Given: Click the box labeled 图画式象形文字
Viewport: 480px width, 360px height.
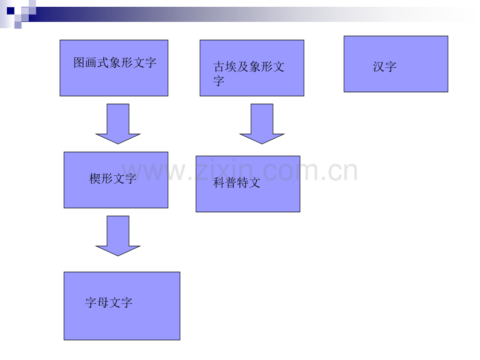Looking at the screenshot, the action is pos(114,68).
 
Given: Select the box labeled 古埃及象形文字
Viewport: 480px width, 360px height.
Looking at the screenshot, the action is pos(252,68).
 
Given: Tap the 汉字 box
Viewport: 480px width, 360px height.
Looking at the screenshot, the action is pos(396,64).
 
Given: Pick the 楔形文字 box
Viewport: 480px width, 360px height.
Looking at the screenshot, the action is pos(116,180).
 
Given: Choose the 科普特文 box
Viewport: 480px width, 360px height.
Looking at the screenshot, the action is pos(248,184).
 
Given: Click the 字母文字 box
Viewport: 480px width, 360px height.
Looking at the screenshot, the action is pos(122,306).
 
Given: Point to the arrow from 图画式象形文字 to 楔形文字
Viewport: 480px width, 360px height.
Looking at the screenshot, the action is pos(118,124).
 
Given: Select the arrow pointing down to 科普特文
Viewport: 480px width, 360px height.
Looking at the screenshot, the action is pos(262,124).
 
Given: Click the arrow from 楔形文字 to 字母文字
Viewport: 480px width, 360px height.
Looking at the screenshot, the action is pos(118,236).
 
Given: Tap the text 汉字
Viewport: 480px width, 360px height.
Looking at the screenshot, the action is pos(385,66).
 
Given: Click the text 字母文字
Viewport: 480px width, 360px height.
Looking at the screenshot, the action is pos(109,303).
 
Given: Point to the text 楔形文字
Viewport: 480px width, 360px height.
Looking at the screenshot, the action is pos(113,178).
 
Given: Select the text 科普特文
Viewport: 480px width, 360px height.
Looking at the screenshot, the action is pos(237,183).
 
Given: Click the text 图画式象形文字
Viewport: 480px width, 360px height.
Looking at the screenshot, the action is pos(115,63).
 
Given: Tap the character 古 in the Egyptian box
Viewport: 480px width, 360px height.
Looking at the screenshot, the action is pos(219,66).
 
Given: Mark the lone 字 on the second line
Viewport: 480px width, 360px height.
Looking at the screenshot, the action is pos(219,81).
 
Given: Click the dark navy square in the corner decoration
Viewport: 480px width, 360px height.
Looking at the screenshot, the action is pos(10,11).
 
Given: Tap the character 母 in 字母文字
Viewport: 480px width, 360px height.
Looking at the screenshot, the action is pos(103,303).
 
